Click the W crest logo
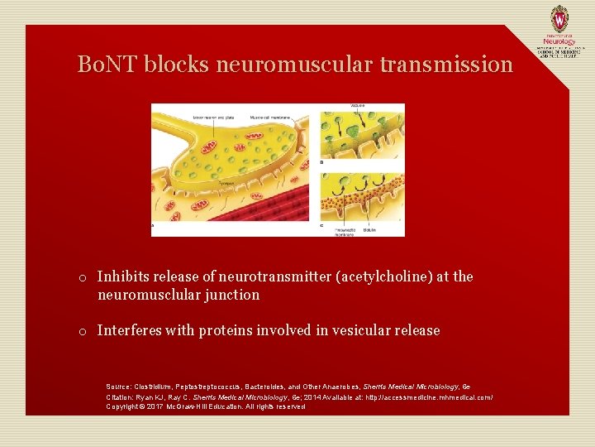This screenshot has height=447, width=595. point(559,18)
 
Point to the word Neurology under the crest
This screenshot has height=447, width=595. point(559,39)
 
